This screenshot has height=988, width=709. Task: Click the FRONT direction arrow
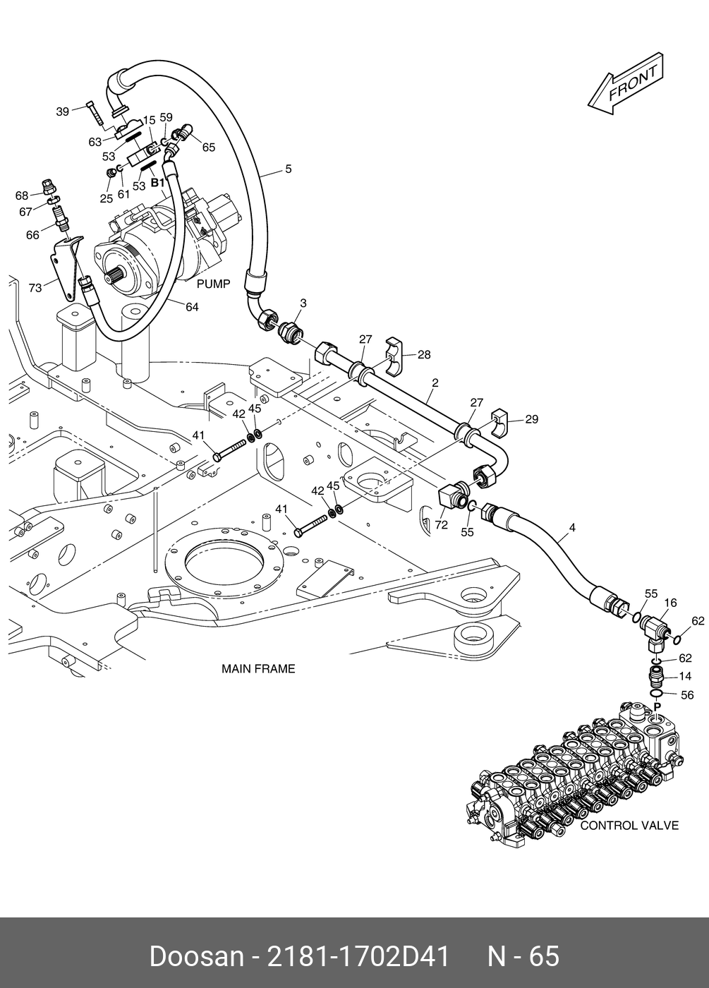point(626,84)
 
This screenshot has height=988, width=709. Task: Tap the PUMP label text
point(213,284)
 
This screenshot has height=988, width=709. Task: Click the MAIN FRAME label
point(258,669)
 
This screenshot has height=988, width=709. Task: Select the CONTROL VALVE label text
point(629,826)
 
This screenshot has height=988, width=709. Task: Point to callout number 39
point(63,112)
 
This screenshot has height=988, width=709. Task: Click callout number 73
point(35,288)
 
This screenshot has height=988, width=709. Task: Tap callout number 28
point(424,354)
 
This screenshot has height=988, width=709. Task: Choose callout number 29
point(532,419)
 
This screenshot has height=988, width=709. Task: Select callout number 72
point(441,525)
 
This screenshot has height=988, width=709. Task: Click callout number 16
point(670,603)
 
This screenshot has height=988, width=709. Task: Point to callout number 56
point(687,695)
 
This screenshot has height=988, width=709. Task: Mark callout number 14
point(685,676)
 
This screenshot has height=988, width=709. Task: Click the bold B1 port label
point(158,183)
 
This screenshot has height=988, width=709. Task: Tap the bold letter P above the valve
point(658,706)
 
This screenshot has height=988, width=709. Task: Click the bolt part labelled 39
point(95,112)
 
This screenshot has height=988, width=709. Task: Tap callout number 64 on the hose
point(192,306)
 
